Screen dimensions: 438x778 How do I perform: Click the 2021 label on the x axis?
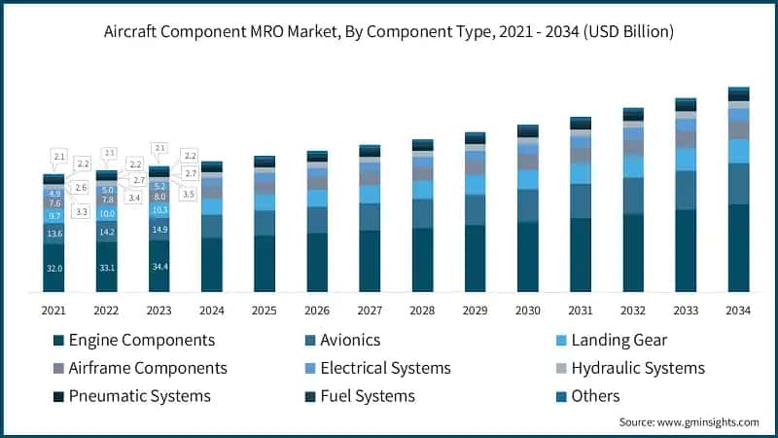pos(53,310)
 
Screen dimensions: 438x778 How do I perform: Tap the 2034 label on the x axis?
pos(738,310)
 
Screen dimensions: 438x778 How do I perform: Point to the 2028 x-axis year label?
pos(422,310)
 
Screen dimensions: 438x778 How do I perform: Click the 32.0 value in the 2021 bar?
pos(53,268)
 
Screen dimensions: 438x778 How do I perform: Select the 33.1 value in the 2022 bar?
pos(107,265)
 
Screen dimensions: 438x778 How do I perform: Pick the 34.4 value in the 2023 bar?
pos(159,264)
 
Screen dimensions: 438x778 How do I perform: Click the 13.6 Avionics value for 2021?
pos(53,234)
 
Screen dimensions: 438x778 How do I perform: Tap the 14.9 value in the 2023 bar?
pos(159,230)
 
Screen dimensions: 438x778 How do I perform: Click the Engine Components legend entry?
pos(133,341)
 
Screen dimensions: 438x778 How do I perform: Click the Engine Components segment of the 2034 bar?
pos(738,248)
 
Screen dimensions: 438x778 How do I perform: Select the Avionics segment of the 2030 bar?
pos(528,205)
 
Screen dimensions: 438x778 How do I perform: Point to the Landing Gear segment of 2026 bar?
pos(317,198)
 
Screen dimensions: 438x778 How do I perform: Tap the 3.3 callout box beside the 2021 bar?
pos(81,211)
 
